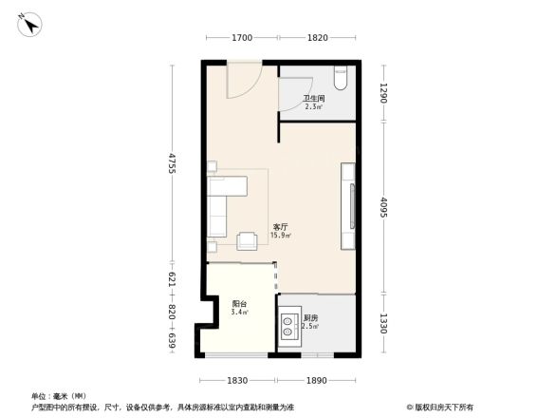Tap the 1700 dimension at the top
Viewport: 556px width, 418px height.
click(241, 38)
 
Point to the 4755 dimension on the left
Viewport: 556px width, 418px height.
click(173, 163)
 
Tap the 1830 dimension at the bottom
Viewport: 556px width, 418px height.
click(237, 380)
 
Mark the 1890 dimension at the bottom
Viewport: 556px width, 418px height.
click(317, 380)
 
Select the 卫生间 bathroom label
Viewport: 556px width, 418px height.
click(314, 100)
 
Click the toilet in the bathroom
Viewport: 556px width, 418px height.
click(342, 77)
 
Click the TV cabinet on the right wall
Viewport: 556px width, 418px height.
click(349, 197)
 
